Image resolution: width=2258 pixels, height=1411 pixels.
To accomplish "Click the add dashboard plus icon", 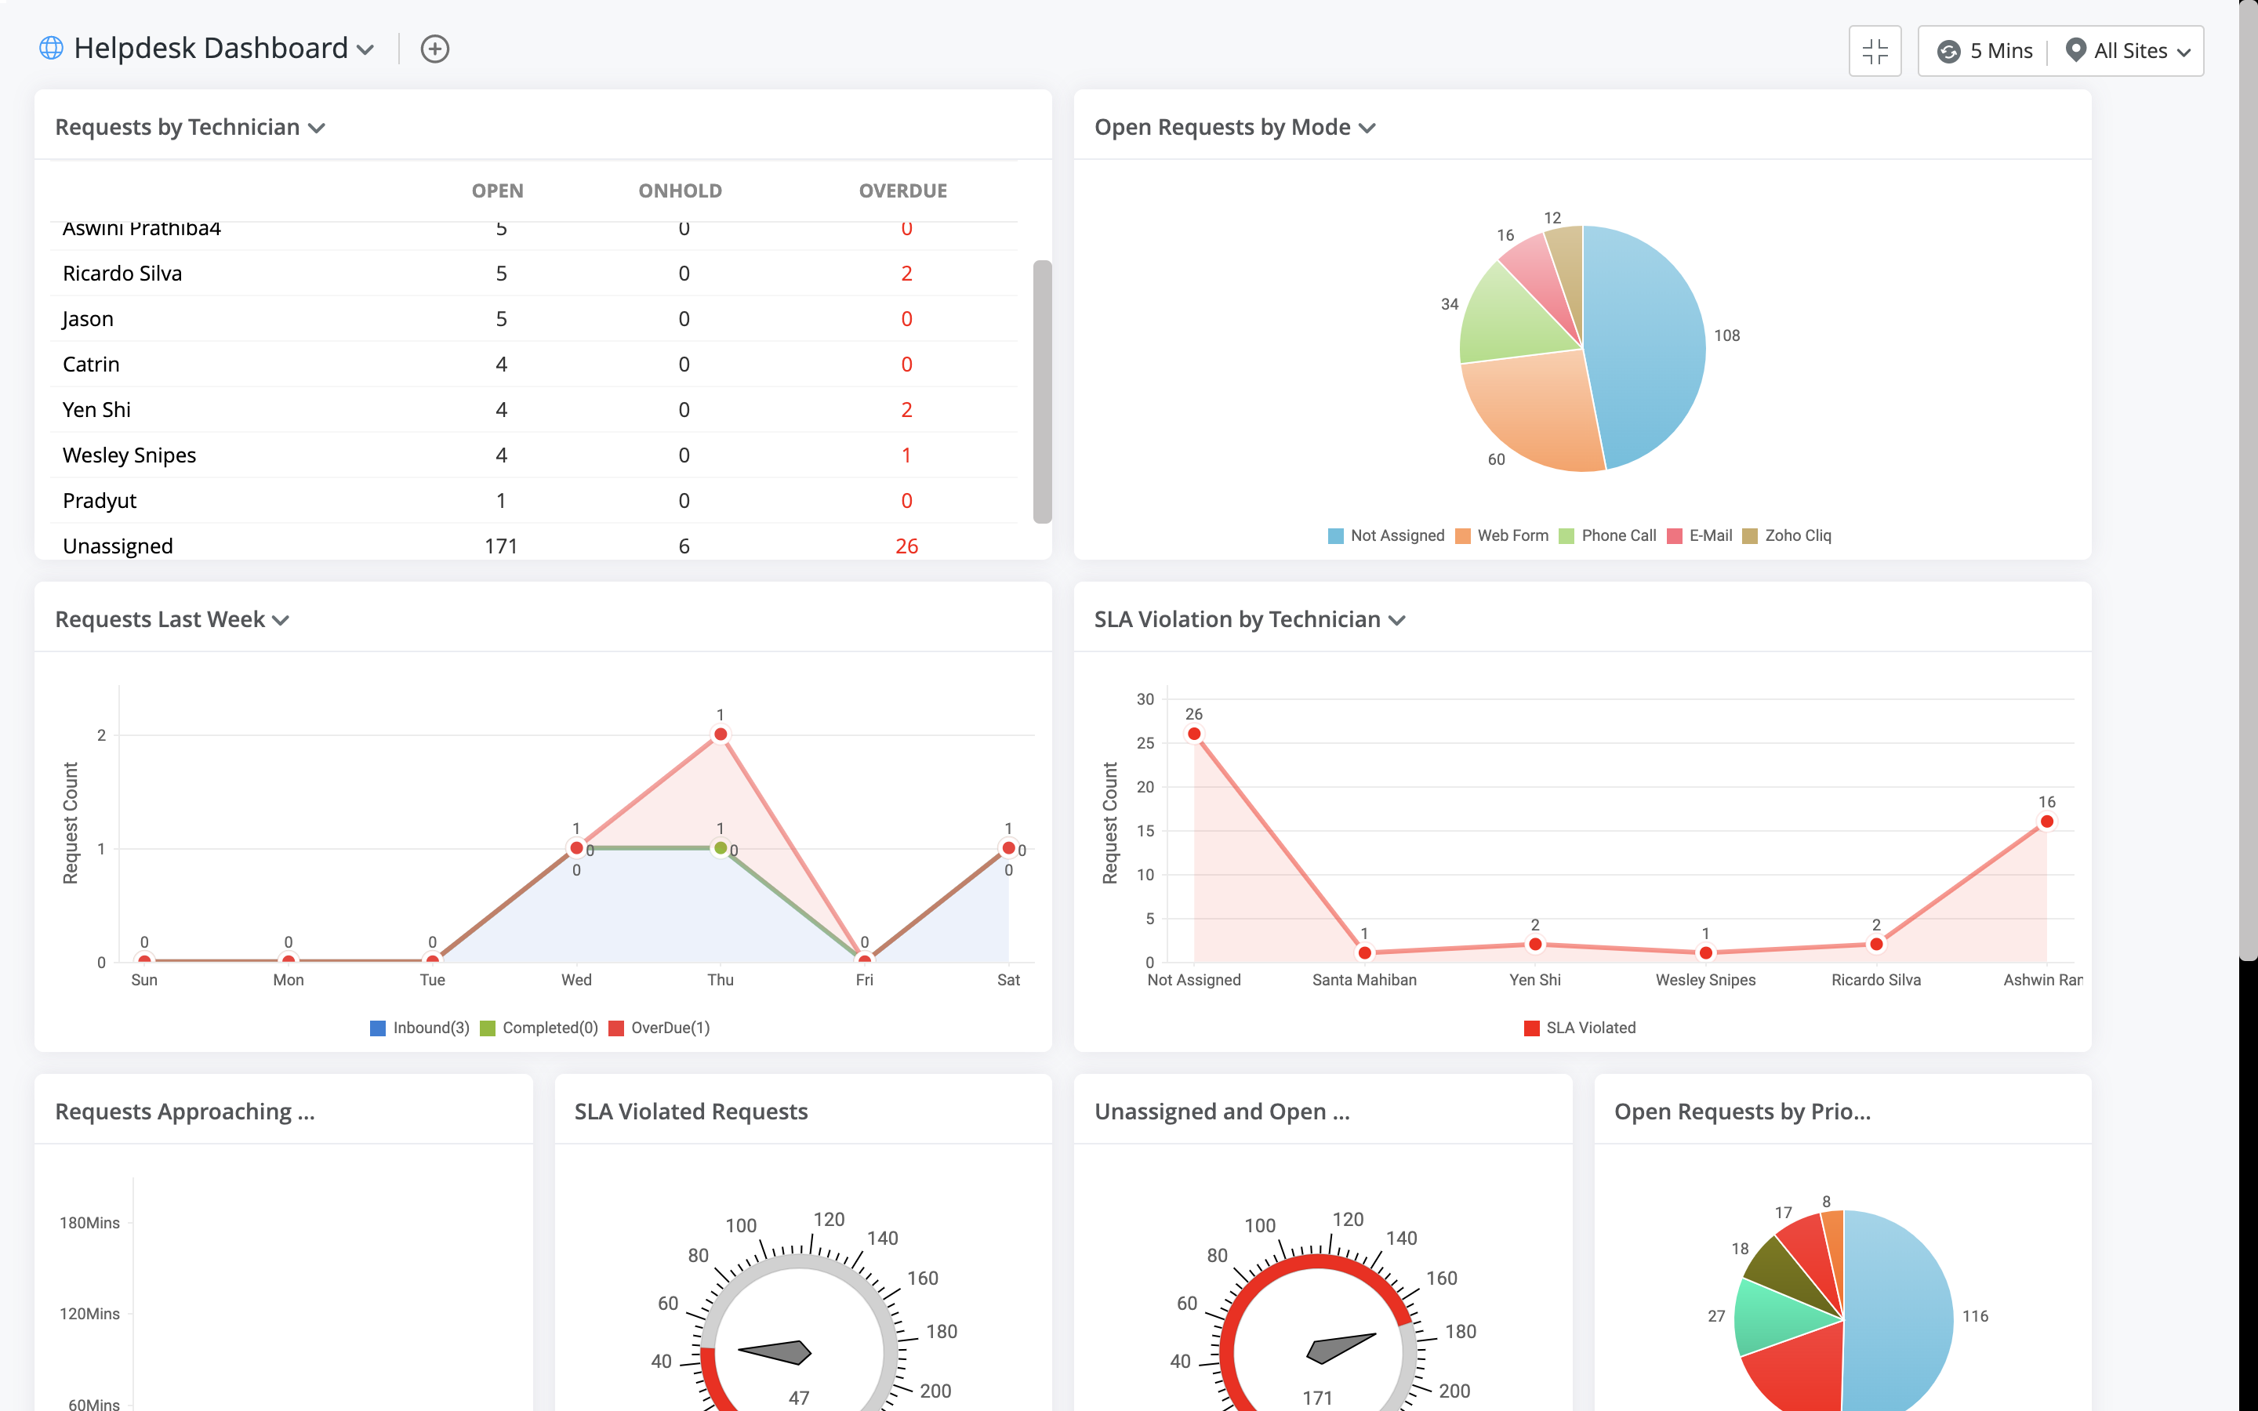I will [x=435, y=49].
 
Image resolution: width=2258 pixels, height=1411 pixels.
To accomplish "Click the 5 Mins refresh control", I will [x=1985, y=51].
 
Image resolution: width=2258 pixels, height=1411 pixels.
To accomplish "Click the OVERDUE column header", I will [x=902, y=190].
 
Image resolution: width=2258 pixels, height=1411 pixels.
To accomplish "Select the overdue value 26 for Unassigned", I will [x=906, y=546].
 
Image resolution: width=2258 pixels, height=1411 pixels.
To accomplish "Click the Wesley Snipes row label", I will [x=129, y=455].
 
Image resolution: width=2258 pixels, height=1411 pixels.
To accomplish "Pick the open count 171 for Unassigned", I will [x=501, y=546].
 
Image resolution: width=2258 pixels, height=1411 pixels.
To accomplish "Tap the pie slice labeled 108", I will [x=1646, y=345].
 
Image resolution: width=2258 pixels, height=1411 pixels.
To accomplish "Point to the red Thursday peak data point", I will [x=721, y=735].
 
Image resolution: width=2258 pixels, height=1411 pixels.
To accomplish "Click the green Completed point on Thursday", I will [x=721, y=848].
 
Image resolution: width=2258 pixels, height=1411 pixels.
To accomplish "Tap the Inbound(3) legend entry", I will [x=420, y=1028].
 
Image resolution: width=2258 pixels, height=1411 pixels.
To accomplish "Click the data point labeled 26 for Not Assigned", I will [x=1194, y=734].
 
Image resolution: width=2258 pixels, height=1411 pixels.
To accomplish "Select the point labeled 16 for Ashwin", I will [x=2046, y=822].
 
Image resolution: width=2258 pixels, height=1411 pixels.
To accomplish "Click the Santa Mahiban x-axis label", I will [x=1364, y=980].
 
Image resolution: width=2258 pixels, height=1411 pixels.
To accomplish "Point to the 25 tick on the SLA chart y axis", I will [x=1145, y=743].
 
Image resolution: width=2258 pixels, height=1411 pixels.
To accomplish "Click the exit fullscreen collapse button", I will [x=1875, y=51].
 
